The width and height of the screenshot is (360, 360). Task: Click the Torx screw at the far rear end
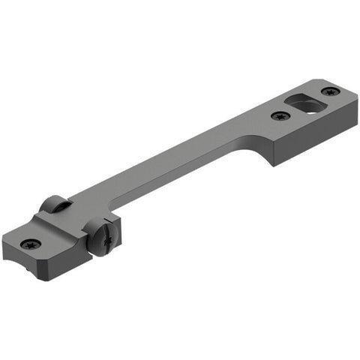[x=331, y=91]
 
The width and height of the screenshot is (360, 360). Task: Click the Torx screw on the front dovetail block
[x=31, y=244]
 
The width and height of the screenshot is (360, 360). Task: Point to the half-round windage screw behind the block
[x=54, y=203]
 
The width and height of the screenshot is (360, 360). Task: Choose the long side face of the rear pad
[x=307, y=147]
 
